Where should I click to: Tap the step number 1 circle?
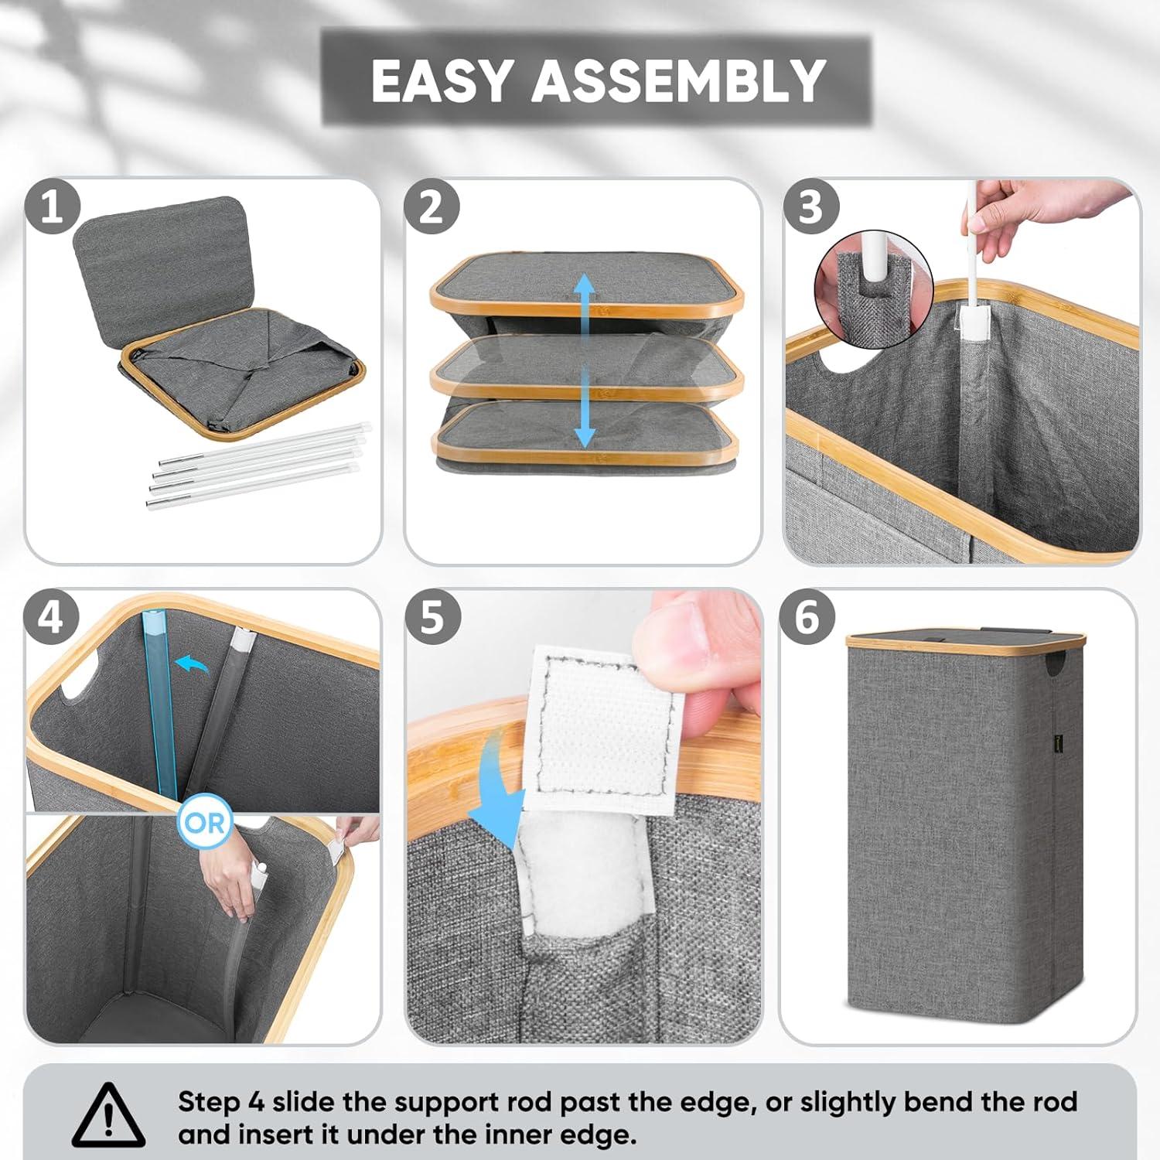[x=52, y=207]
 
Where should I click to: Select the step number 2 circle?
[x=432, y=207]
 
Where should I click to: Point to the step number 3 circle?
[x=810, y=207]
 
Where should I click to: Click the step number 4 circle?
[x=51, y=617]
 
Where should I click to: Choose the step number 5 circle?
[x=432, y=617]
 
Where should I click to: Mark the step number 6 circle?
[x=807, y=617]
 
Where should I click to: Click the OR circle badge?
[x=205, y=822]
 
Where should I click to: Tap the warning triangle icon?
[x=108, y=1116]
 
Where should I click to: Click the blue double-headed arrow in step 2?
[x=585, y=361]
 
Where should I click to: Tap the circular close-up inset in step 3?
[x=868, y=282]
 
